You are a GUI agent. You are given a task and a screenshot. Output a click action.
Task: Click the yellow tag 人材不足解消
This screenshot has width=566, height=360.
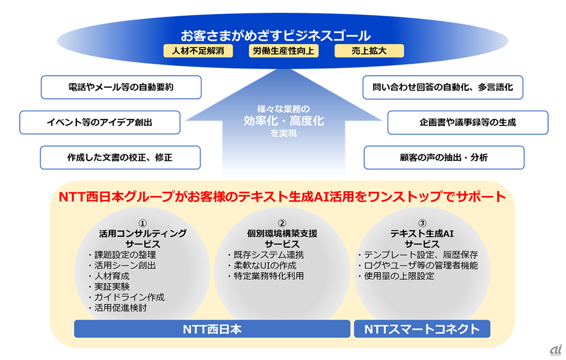[x=198, y=51]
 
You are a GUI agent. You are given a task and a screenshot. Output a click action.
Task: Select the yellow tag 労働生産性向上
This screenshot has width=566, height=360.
[x=282, y=51]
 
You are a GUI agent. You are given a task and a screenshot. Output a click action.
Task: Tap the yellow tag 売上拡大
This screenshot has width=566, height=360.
[x=369, y=51]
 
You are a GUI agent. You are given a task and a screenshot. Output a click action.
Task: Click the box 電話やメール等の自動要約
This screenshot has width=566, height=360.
[x=121, y=87]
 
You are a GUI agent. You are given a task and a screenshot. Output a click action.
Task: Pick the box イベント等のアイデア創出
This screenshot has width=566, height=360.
[x=99, y=123]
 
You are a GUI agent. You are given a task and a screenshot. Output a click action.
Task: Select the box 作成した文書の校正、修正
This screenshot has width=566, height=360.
[x=120, y=158]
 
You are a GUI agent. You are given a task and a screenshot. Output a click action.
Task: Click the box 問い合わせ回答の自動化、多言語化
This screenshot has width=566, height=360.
[x=443, y=87]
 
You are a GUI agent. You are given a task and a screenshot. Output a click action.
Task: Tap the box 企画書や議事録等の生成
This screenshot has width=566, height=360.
[x=468, y=123]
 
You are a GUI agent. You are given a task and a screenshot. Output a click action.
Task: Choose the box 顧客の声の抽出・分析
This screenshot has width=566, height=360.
[x=444, y=158]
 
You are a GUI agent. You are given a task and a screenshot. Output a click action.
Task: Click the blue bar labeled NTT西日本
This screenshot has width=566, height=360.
[x=212, y=329]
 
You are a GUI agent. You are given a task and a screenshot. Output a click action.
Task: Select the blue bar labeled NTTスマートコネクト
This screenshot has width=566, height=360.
[x=422, y=329]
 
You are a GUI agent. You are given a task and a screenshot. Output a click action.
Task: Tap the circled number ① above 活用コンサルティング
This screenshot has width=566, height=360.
[x=142, y=223]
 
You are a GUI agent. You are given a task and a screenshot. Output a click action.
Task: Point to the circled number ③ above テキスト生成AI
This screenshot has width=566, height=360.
[x=422, y=223]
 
